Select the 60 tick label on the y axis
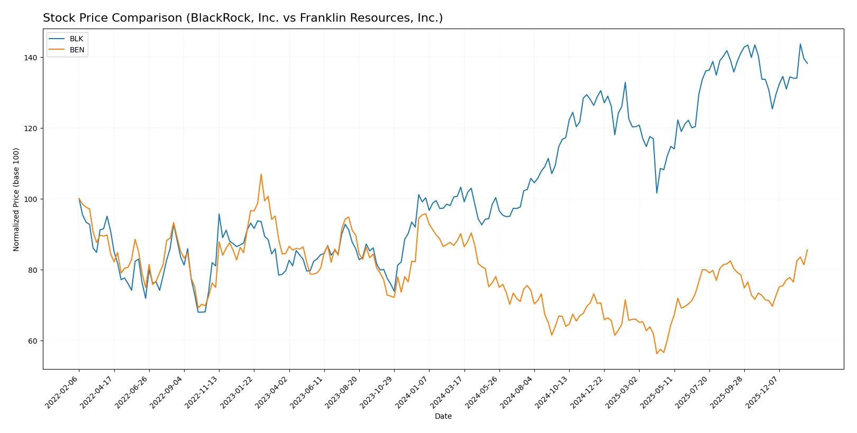click(x=33, y=341)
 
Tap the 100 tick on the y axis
click(x=31, y=199)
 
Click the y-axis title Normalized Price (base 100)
click(x=16, y=199)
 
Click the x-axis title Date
click(x=443, y=416)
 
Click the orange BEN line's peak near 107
click(x=261, y=174)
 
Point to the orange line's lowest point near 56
click(x=657, y=353)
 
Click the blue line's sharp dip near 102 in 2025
click(x=657, y=192)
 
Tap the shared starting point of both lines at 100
click(x=79, y=199)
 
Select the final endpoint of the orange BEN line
click(x=807, y=250)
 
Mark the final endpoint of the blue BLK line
click(x=807, y=63)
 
